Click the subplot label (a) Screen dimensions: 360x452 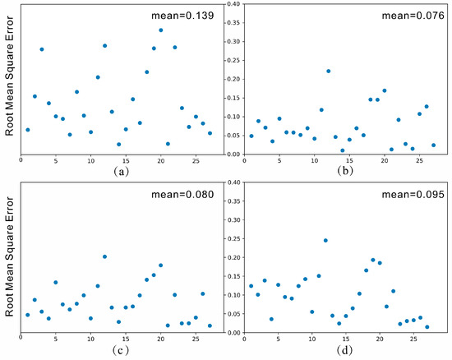point(121,172)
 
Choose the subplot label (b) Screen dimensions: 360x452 point(345,172)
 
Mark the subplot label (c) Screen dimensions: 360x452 point(121,349)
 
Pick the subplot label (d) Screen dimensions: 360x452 point(345,349)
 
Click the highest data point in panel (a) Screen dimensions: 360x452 point(161,30)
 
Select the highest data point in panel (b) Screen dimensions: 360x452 point(328,71)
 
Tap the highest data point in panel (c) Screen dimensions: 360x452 point(105,256)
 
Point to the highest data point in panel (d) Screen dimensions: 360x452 point(325,240)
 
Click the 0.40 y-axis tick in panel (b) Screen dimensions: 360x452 point(233,5)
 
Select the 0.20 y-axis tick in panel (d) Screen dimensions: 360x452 point(233,256)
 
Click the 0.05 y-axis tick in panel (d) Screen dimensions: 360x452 point(233,312)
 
